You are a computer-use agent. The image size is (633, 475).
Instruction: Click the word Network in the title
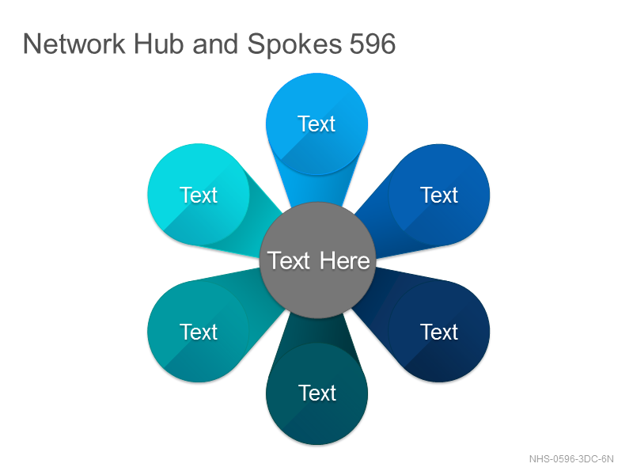pyautogui.click(x=74, y=44)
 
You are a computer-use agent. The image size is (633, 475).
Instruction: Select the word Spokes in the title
pyautogui.click(x=294, y=44)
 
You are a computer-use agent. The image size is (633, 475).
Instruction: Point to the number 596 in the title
pyautogui.click(x=372, y=44)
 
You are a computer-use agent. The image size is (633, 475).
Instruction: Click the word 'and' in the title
pyautogui.click(x=215, y=44)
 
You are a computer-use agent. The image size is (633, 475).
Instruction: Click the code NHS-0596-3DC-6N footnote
pyautogui.click(x=571, y=459)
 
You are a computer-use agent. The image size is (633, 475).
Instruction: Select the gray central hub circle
pyautogui.click(x=318, y=260)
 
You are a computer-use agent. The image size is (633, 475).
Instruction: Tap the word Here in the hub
pyautogui.click(x=344, y=260)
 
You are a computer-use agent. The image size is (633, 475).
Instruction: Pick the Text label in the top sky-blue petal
pyautogui.click(x=316, y=123)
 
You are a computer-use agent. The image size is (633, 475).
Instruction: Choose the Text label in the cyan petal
pyautogui.click(x=199, y=195)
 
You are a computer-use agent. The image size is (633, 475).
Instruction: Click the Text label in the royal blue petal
pyautogui.click(x=439, y=195)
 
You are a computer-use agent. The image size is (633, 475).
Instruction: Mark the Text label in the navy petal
pyautogui.click(x=439, y=332)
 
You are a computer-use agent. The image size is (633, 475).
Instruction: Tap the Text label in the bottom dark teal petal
pyautogui.click(x=317, y=393)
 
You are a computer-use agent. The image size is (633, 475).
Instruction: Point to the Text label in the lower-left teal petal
pyautogui.click(x=199, y=332)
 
